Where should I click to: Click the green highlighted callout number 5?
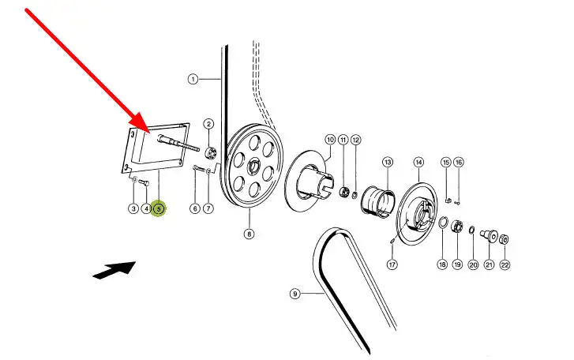(x=159, y=208)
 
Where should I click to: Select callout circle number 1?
(x=193, y=79)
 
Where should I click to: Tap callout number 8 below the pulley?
(x=249, y=233)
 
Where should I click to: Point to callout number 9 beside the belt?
(x=295, y=294)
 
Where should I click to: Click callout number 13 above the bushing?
(x=388, y=162)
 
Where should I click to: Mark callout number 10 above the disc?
(x=330, y=140)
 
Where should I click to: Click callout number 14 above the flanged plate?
(x=418, y=162)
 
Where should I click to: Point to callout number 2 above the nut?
(x=208, y=124)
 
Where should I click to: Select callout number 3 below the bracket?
(x=133, y=208)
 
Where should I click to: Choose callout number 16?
(x=459, y=162)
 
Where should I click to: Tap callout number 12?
(x=356, y=140)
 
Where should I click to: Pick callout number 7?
(x=208, y=208)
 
